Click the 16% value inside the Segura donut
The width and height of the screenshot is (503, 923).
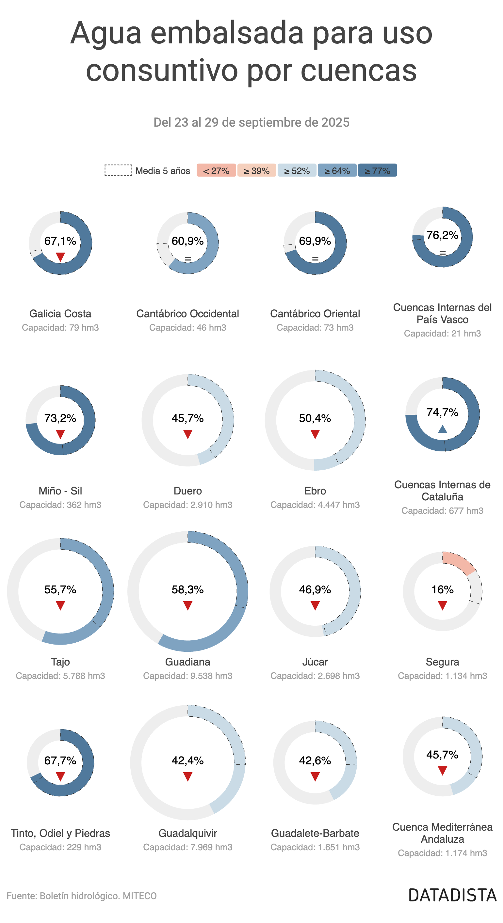click(x=442, y=590)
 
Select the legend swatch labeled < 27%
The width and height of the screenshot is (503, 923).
click(x=216, y=171)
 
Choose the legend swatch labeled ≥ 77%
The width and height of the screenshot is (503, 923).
click(x=377, y=171)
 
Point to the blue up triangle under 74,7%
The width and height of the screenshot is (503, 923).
click(x=442, y=429)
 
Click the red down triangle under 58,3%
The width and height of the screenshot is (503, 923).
click(x=187, y=606)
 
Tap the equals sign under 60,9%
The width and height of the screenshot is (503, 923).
click(x=187, y=259)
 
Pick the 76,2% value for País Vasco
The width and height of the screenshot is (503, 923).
click(x=442, y=235)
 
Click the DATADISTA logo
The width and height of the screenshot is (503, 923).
click(x=452, y=895)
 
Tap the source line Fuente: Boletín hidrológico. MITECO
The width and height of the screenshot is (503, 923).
click(x=82, y=896)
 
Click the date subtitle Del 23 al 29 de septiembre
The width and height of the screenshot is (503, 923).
click(x=251, y=122)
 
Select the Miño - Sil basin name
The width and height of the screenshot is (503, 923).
click(x=60, y=491)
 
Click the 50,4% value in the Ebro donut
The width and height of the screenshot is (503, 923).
click(x=315, y=418)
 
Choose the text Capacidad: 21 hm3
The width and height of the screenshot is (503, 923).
click(x=442, y=334)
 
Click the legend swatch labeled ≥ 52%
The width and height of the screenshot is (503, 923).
click(x=297, y=171)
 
